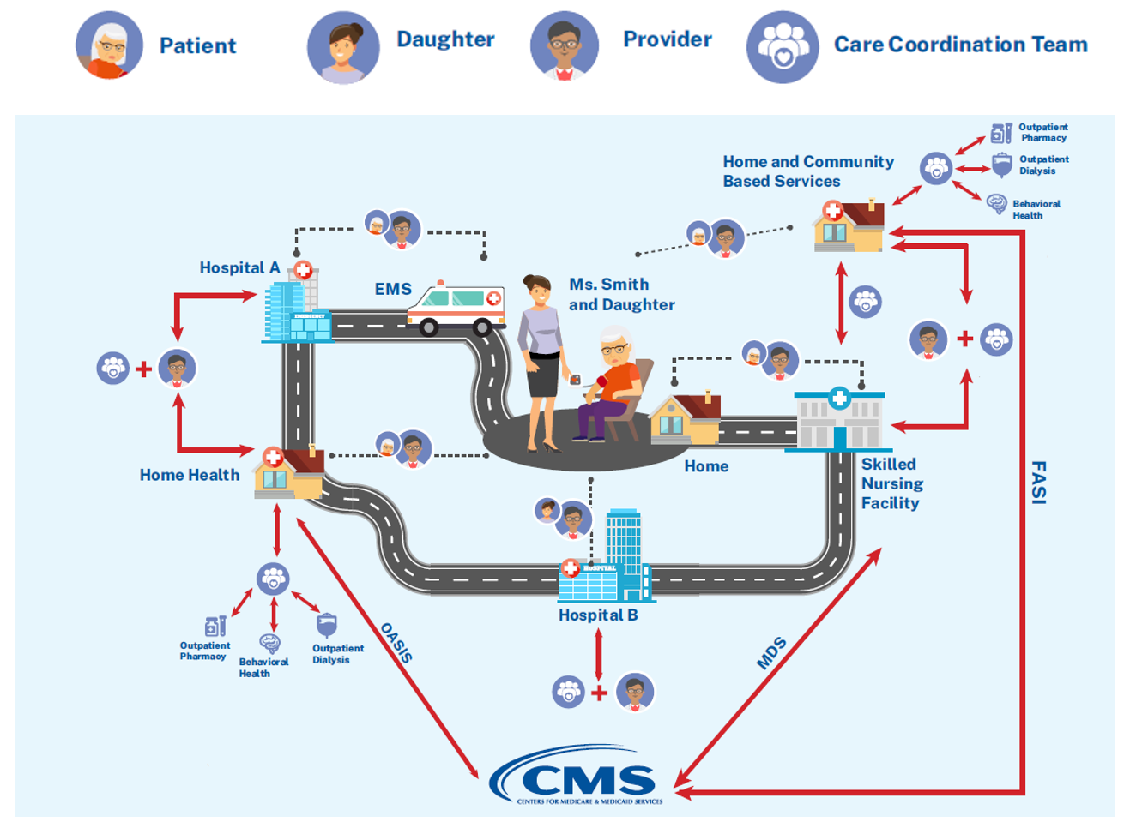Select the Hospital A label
pyautogui.click(x=239, y=268)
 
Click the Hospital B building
pyautogui.click(x=605, y=561)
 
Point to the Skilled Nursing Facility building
pyautogui.click(x=839, y=420)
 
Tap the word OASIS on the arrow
pyautogui.click(x=396, y=643)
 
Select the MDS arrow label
pyautogui.click(x=770, y=653)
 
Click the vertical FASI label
pyautogui.click(x=1038, y=483)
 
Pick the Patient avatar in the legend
pyautogui.click(x=109, y=45)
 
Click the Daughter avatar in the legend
pyautogui.click(x=343, y=47)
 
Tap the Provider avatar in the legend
pyautogui.click(x=564, y=45)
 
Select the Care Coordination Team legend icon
pyautogui.click(x=782, y=47)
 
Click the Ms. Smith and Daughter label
pyautogui.click(x=621, y=294)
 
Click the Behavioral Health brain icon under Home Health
pyautogui.click(x=270, y=643)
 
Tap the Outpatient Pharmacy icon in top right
pyautogui.click(x=1000, y=133)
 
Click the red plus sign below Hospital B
pyautogui.click(x=599, y=693)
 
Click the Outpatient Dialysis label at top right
pyautogui.click(x=1043, y=165)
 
